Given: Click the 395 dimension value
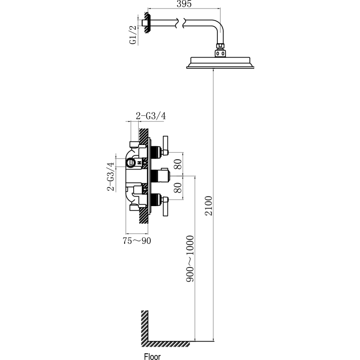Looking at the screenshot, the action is click(184, 4).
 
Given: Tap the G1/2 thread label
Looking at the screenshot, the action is click(133, 35).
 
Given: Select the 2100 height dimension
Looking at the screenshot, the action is click(209, 206).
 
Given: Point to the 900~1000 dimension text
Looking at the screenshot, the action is click(190, 258).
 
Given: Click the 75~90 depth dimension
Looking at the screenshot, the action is click(137, 241).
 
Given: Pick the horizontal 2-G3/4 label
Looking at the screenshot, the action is click(151, 116).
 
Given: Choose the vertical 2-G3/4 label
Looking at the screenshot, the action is click(111, 176).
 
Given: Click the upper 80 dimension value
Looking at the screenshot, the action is click(178, 164).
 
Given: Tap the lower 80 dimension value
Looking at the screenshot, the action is click(178, 188).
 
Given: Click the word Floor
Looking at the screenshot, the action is click(152, 356).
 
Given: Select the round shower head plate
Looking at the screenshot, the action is click(220, 63).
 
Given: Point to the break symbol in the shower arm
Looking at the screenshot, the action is click(180, 23).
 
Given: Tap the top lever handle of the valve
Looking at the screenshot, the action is click(165, 145).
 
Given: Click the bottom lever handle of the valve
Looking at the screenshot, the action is click(165, 207).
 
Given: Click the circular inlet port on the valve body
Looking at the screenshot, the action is click(130, 163).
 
